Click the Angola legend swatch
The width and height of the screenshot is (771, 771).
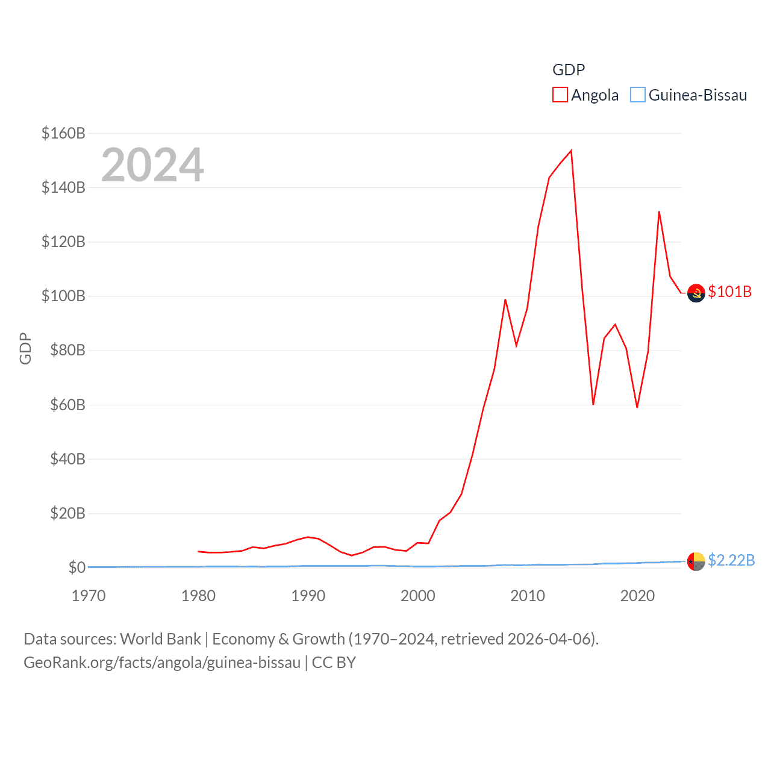560,95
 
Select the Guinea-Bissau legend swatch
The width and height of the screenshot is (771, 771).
638,95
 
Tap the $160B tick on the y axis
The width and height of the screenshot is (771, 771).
63,133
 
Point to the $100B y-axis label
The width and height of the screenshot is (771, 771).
63,296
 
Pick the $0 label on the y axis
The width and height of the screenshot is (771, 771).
76,567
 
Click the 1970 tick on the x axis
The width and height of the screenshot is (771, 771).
89,596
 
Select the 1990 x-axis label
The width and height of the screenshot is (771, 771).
308,596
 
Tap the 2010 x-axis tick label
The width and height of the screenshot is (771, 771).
528,596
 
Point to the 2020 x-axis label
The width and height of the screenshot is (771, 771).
637,596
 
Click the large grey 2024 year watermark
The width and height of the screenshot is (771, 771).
152,165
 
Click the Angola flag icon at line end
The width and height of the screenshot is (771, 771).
696,293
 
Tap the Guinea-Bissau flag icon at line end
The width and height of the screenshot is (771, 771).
696,561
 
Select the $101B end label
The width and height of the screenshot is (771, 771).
730,292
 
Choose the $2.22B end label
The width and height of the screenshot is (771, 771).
731,560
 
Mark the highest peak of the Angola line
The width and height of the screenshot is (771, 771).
571,151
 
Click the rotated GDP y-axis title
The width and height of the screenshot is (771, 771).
25,348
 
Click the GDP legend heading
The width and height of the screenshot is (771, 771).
569,70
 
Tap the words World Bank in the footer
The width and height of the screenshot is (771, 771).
161,638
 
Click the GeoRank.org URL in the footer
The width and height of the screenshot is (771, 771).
162,663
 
